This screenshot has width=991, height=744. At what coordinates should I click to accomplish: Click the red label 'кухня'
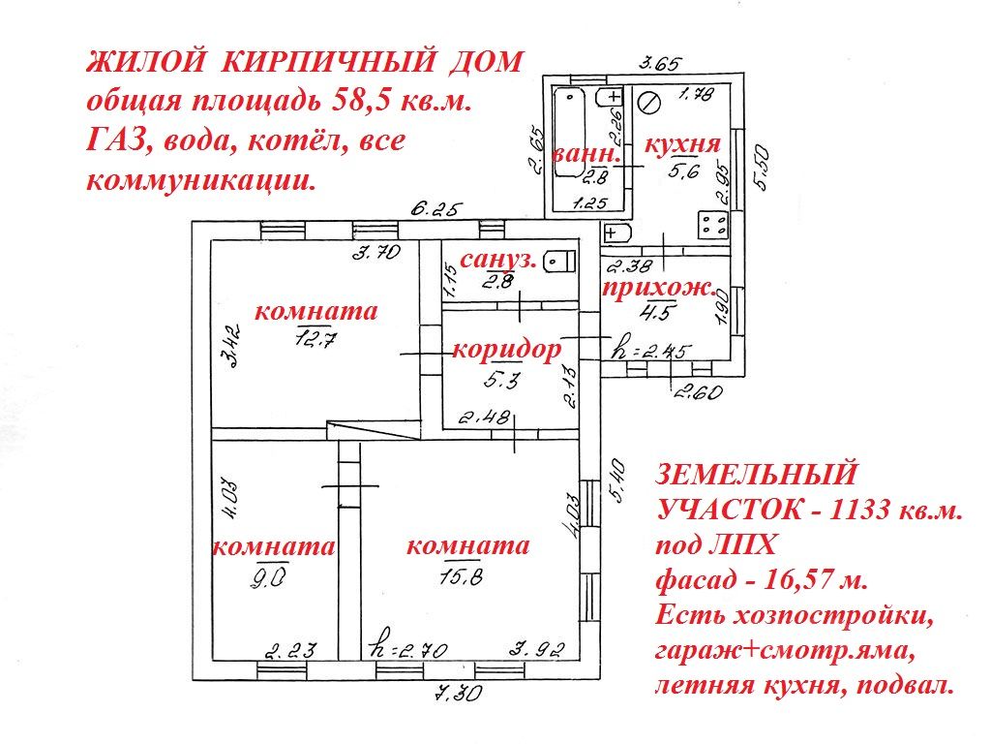[x=682, y=145]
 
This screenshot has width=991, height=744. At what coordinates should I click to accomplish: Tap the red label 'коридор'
[x=506, y=350]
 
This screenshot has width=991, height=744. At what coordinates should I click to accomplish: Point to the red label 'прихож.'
[x=660, y=288]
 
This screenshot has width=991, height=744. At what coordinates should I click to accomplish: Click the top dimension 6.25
[x=435, y=208]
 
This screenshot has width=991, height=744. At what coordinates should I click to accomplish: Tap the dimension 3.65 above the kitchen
[x=661, y=65]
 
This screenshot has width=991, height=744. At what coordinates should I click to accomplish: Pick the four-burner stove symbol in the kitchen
[x=715, y=226]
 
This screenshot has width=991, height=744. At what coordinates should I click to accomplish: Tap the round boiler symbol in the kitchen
[x=651, y=99]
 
